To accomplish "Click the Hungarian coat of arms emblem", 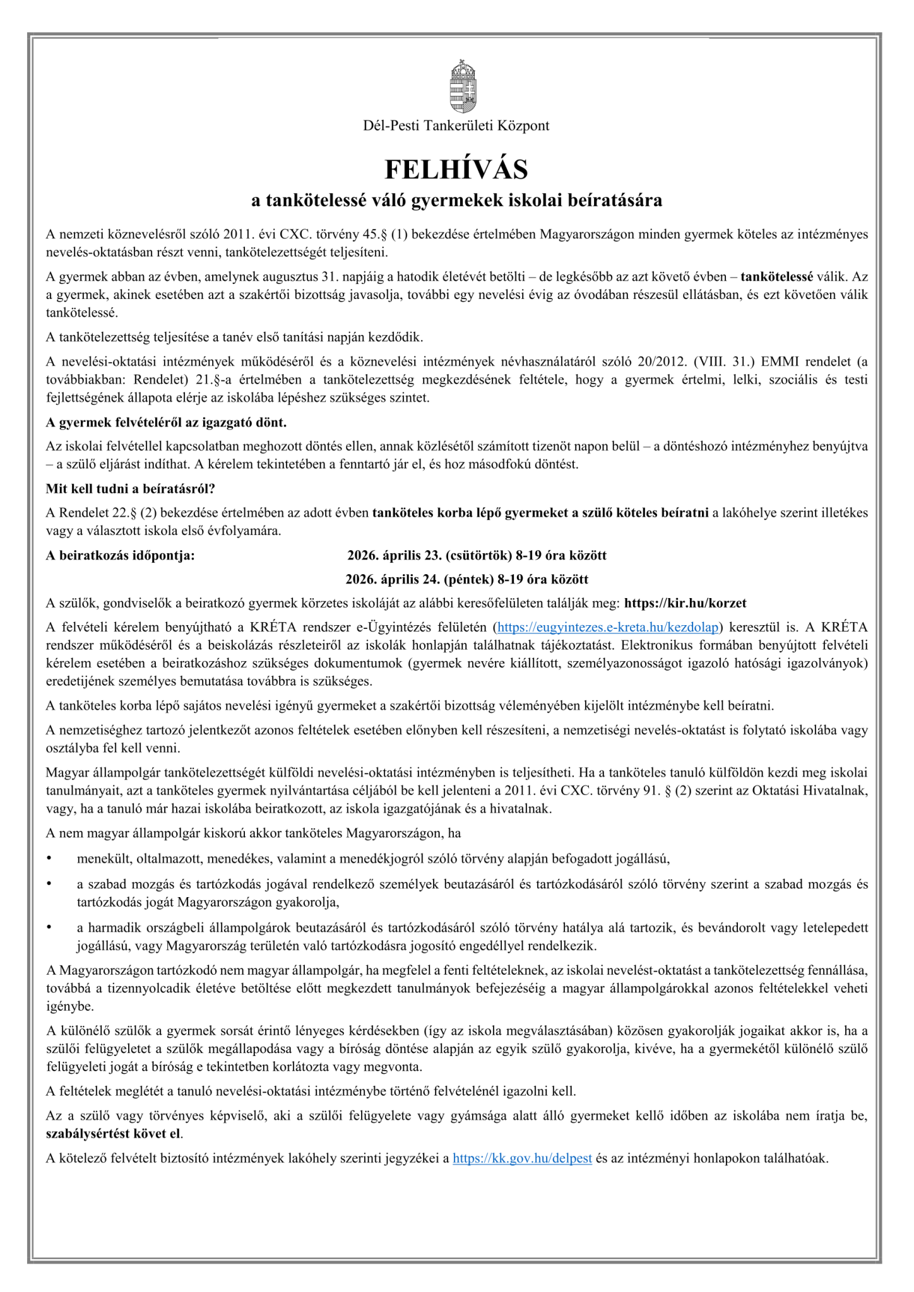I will tap(463, 86).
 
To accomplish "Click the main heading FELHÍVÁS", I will tap(456, 169).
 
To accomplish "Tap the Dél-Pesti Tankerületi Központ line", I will tap(456, 126).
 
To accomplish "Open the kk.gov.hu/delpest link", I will tap(522, 1158).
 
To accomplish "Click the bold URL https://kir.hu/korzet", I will tap(685, 603).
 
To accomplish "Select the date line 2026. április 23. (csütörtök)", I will tap(477, 555).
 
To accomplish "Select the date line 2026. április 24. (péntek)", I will tap(466, 579).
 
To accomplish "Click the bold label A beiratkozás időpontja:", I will tap(121, 555).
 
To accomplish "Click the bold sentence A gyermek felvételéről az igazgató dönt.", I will tap(166, 421).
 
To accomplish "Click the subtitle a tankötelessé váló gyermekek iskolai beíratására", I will tap(456, 201).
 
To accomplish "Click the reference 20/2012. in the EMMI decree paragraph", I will tap(660, 361).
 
